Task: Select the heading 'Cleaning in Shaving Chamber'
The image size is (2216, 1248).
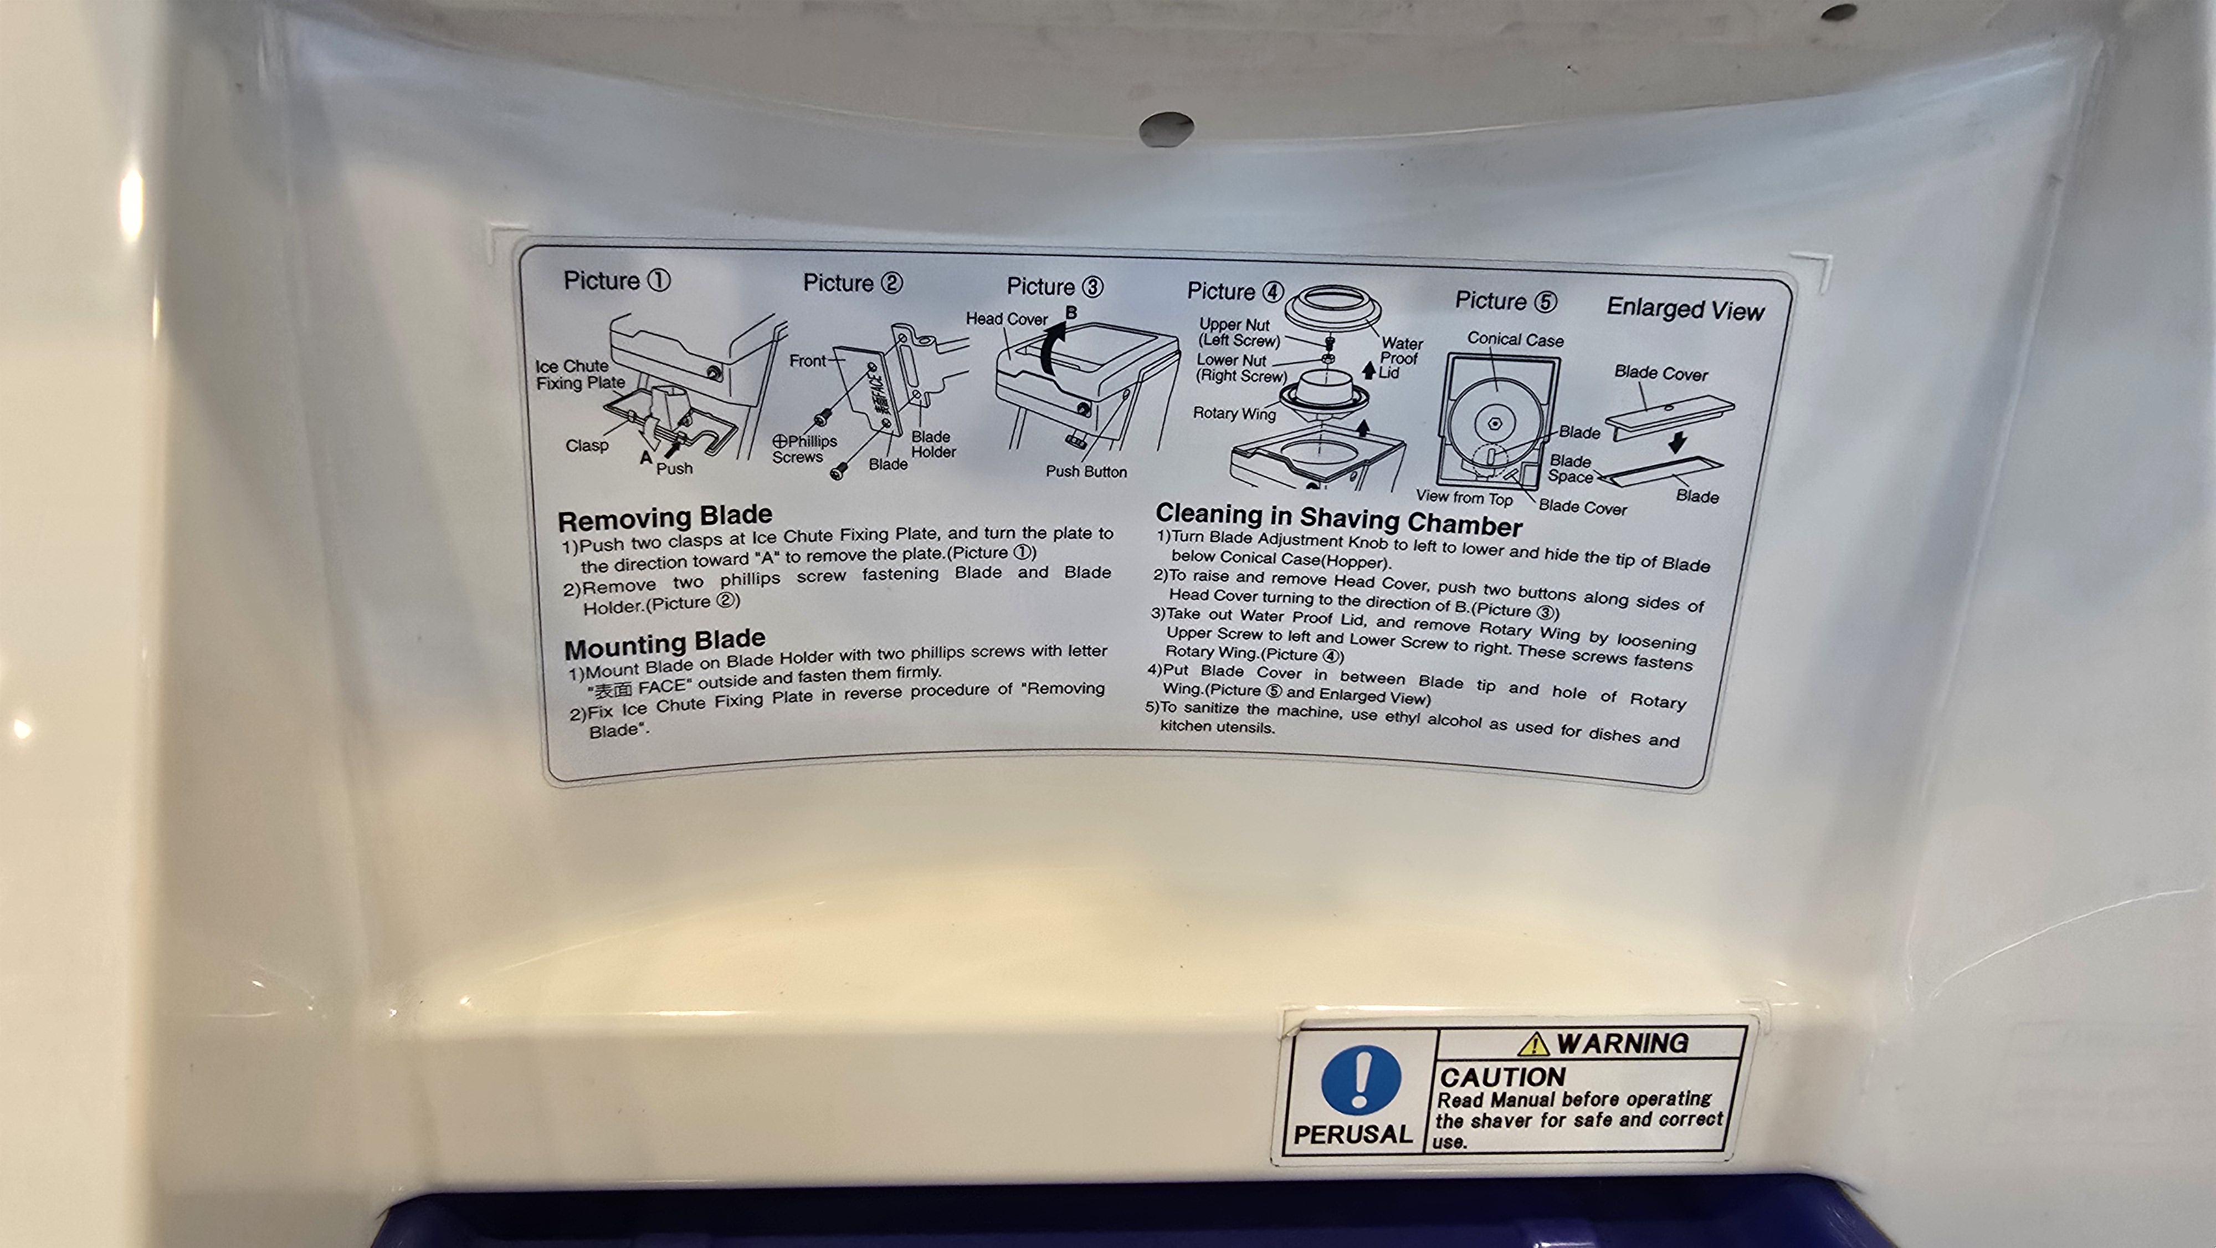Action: pyautogui.click(x=1338, y=519)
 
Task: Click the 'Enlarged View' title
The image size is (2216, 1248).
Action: pyautogui.click(x=1685, y=309)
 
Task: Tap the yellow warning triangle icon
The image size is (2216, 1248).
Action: pyautogui.click(x=1533, y=1044)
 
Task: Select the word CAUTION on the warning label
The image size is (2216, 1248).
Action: pyautogui.click(x=1502, y=1077)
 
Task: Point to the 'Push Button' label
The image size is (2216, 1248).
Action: pyautogui.click(x=1086, y=472)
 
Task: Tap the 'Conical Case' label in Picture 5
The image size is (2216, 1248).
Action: pyautogui.click(x=1515, y=340)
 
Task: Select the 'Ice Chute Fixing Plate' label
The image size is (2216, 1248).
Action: pyautogui.click(x=580, y=375)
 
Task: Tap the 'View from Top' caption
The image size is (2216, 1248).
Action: pyautogui.click(x=1464, y=498)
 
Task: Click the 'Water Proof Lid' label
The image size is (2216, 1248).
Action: pyautogui.click(x=1401, y=357)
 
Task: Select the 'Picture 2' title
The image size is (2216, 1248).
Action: pyautogui.click(x=853, y=283)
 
